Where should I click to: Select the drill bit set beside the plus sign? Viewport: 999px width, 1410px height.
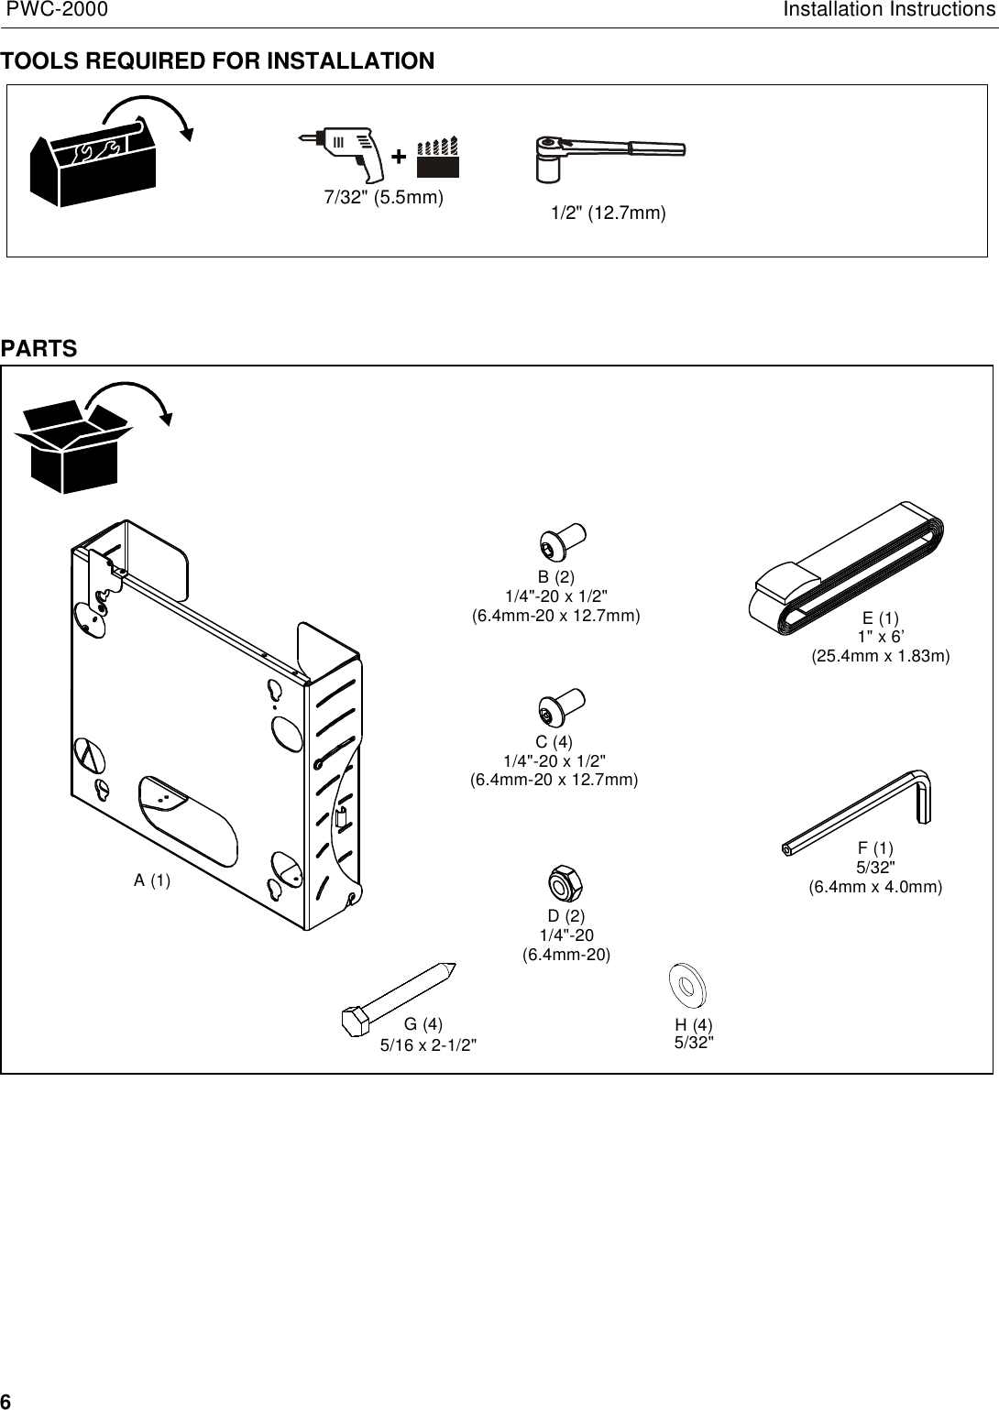point(437,158)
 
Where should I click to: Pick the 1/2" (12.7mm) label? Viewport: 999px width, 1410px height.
point(608,213)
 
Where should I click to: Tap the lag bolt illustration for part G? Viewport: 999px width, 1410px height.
point(398,998)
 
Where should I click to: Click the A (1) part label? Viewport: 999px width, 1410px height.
point(152,880)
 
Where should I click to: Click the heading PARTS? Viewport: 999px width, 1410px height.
point(38,349)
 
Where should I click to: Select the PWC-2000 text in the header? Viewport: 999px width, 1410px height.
point(56,10)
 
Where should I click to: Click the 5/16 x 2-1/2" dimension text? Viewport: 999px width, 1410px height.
point(428,1045)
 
